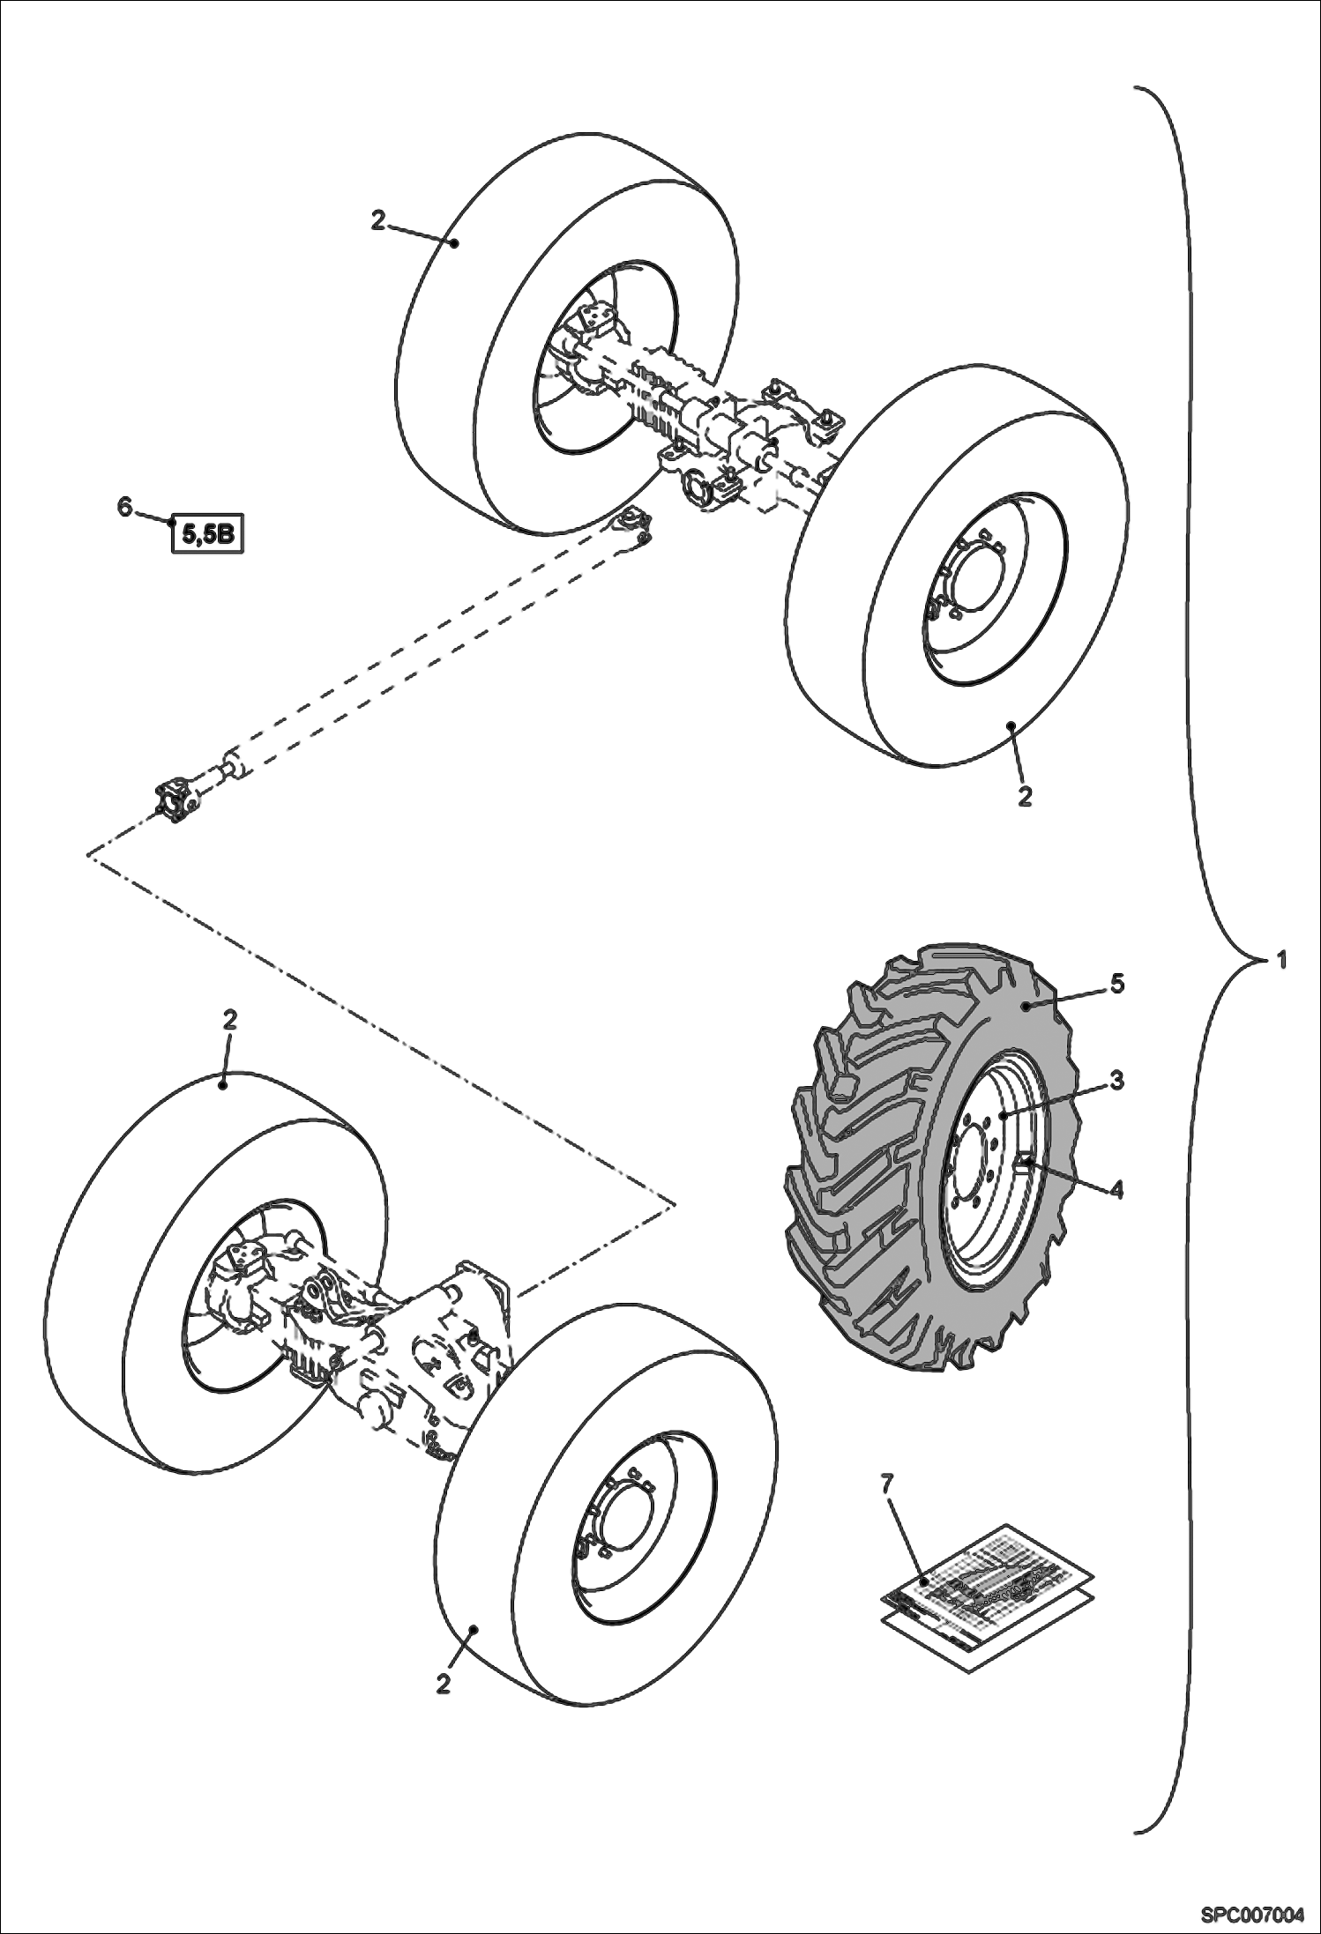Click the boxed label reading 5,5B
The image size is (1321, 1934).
pyautogui.click(x=207, y=534)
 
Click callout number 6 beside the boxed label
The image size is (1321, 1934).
pyautogui.click(x=124, y=506)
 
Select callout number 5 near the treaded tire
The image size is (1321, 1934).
pyautogui.click(x=1116, y=984)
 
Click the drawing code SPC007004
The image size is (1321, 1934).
pyautogui.click(x=1250, y=1915)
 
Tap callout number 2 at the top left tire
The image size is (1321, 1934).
pyautogui.click(x=377, y=220)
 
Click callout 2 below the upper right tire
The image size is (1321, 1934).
pyautogui.click(x=1024, y=796)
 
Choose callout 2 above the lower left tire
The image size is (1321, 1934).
pyautogui.click(x=229, y=1020)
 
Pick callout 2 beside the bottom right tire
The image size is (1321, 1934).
pyautogui.click(x=444, y=1683)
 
